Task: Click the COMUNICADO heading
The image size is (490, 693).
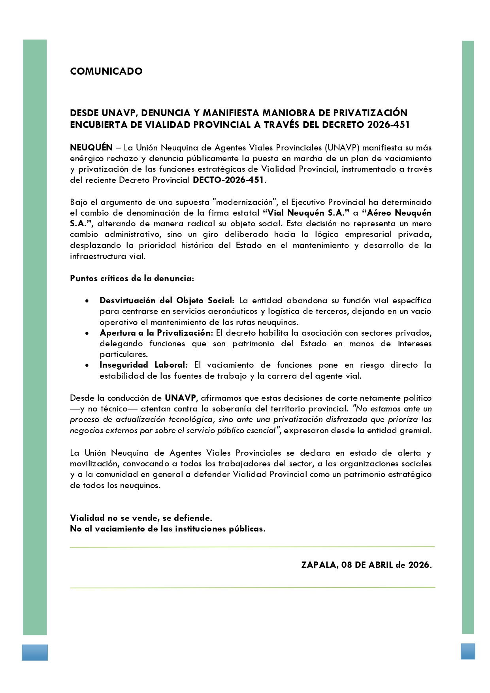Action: (x=106, y=71)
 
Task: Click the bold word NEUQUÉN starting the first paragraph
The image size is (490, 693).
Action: (x=91, y=148)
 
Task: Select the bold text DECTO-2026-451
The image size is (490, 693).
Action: (x=228, y=180)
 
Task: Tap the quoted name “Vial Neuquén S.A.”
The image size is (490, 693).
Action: (x=306, y=213)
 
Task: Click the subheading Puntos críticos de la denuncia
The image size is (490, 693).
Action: (x=132, y=278)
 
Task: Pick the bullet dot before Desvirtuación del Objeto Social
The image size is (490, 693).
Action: (x=87, y=301)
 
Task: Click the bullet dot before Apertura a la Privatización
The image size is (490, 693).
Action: (x=87, y=333)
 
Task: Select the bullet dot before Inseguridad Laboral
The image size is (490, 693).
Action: (x=87, y=366)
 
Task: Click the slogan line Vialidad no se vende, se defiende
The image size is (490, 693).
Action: (x=141, y=518)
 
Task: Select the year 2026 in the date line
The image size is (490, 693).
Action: (x=419, y=565)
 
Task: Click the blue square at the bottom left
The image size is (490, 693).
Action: (x=35, y=652)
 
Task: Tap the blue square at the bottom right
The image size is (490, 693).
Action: (x=468, y=652)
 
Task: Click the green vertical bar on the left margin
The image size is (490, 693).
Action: (x=35, y=336)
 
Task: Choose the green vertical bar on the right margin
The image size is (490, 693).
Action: (x=468, y=336)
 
